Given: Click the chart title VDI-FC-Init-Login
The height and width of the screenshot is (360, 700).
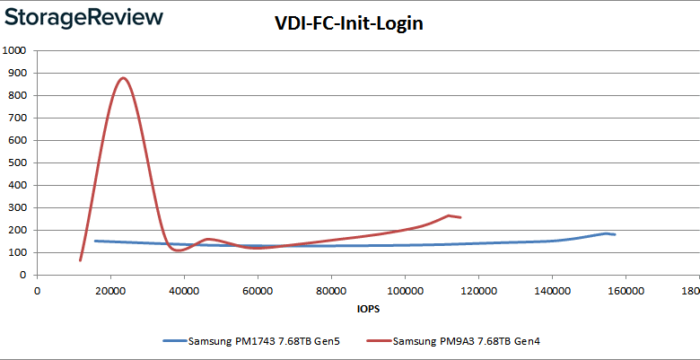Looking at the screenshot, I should (349, 23).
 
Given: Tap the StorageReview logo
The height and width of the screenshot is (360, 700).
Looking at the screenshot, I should (83, 17).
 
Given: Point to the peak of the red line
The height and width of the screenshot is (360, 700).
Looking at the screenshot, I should (123, 78).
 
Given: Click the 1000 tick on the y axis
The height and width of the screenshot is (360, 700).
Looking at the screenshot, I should (16, 50).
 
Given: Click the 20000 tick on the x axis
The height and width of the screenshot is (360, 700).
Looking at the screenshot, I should (110, 290).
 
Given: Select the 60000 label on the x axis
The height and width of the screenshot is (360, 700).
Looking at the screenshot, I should (258, 290).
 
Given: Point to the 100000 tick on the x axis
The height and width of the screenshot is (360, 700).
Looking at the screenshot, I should (405, 290).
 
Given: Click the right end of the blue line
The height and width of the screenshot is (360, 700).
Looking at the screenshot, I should (615, 234).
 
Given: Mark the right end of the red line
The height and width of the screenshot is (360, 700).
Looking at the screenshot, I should (460, 217).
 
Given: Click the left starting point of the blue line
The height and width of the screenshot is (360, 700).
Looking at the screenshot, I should (95, 241).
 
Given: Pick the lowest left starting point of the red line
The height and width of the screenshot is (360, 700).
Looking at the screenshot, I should (80, 260).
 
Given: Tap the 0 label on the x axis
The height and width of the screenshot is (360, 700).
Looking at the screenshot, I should (37, 290).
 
